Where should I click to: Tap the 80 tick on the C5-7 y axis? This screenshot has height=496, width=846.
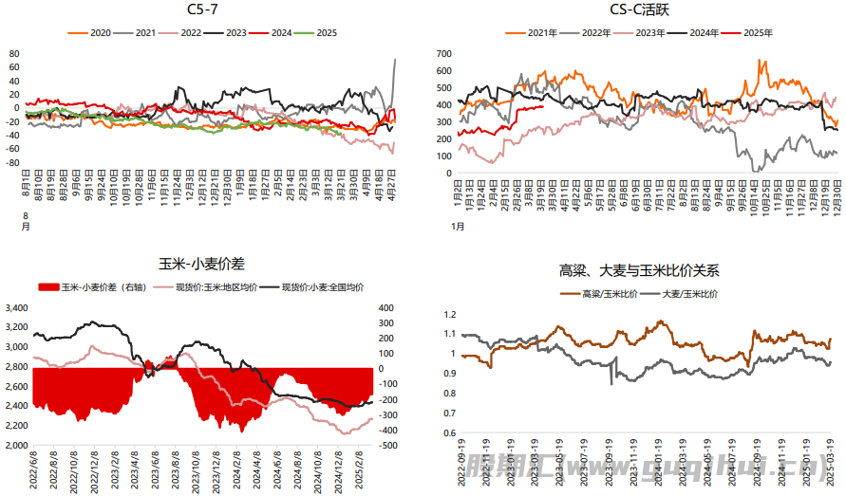coord(14,54)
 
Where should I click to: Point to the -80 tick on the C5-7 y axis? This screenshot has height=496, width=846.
coord(13,161)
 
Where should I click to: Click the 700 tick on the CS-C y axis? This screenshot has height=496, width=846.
coord(443,54)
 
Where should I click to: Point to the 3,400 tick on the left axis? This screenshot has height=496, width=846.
coord(18,308)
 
